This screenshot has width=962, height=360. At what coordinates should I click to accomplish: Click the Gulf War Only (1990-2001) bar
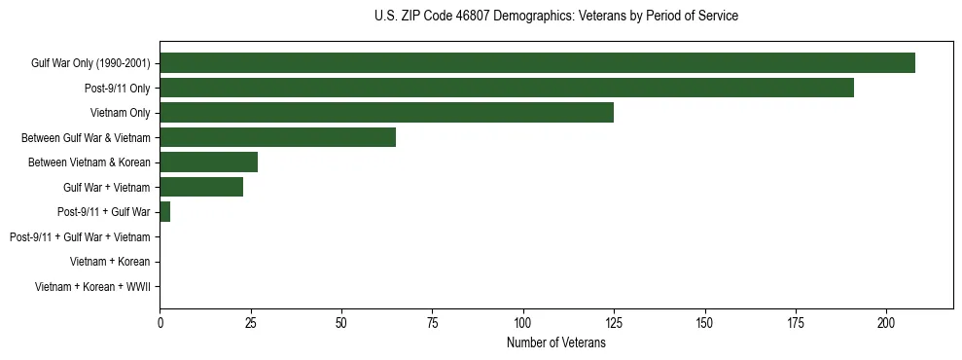click(537, 63)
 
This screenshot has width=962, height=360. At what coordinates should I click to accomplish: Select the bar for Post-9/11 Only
click(507, 89)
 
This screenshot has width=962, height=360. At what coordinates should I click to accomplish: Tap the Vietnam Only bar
click(386, 113)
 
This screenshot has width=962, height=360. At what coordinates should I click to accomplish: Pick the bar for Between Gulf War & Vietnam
click(277, 138)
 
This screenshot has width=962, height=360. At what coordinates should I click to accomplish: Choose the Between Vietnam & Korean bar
click(208, 162)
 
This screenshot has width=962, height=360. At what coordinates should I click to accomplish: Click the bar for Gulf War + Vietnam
click(201, 188)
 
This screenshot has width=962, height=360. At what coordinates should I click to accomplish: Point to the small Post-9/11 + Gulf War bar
click(164, 212)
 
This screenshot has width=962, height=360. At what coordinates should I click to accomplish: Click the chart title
click(555, 17)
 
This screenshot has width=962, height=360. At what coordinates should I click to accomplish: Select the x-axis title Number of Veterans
click(555, 343)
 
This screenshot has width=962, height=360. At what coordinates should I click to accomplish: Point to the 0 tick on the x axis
click(160, 323)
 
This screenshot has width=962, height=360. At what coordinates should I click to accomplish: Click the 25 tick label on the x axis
click(250, 323)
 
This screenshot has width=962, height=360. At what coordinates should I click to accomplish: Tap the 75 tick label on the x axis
click(432, 323)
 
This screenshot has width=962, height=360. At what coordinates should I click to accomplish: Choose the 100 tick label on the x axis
click(523, 323)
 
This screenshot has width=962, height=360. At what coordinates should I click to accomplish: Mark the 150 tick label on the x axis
click(704, 323)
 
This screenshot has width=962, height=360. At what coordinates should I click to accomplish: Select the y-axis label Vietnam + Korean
click(110, 262)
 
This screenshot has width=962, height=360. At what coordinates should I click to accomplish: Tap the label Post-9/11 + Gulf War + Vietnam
click(80, 237)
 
